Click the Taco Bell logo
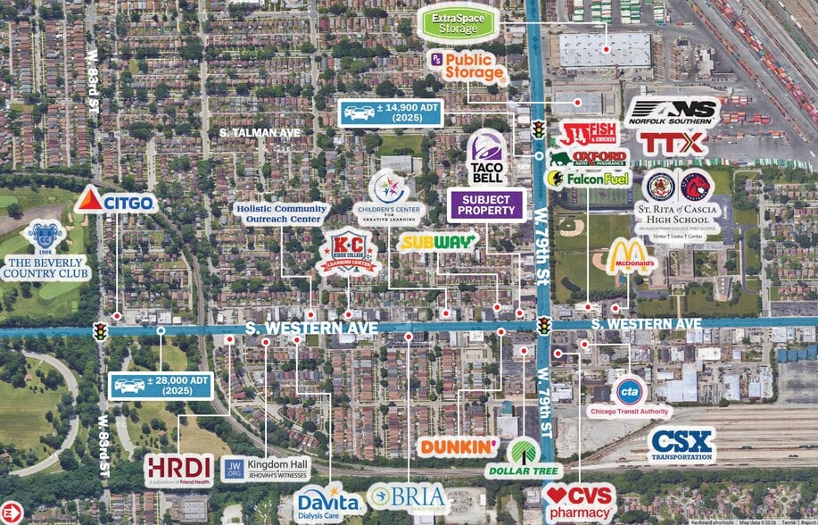486,158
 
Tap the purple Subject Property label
485,204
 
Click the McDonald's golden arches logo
631,257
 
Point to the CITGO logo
116,202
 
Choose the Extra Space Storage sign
459,22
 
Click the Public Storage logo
467,68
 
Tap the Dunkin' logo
459,446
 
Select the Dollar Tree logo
522,457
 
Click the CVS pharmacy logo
580,503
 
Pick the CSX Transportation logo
682,445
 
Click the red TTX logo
672,142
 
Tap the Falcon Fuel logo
586,179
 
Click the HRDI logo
178,470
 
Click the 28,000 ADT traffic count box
162,386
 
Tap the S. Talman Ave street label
260,132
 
